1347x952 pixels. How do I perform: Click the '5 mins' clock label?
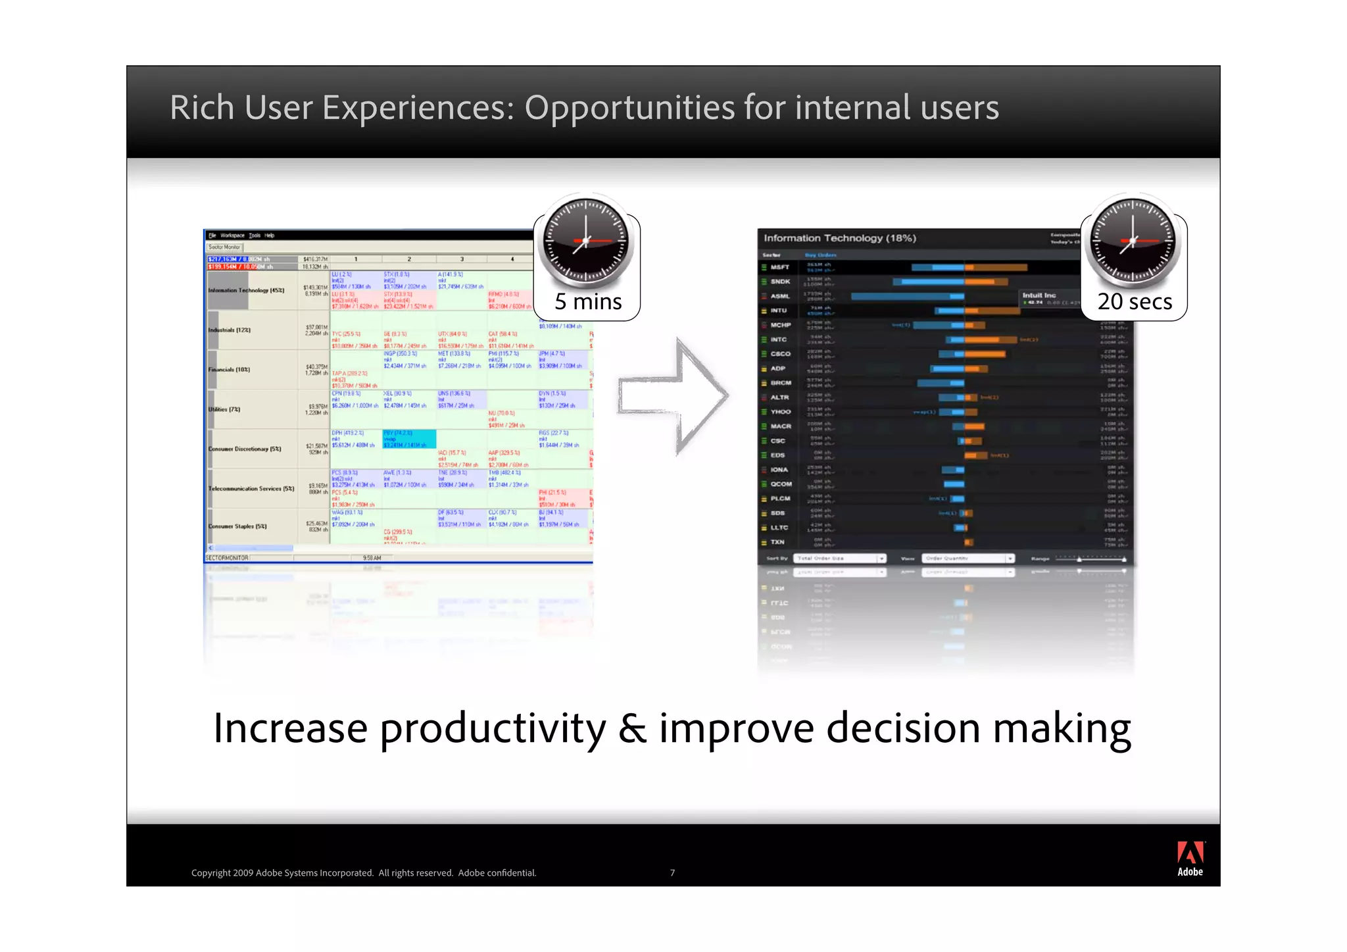tap(587, 301)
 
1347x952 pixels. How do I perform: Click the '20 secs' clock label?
tap(1134, 301)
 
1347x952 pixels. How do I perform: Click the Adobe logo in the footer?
tap(1189, 858)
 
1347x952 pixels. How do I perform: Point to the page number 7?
tap(672, 872)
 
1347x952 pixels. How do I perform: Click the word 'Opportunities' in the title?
tap(629, 107)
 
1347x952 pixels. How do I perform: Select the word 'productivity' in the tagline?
tap(493, 728)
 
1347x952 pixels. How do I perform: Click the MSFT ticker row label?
tap(780, 267)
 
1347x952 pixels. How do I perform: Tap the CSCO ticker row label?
tap(780, 354)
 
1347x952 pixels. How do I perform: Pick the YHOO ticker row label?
tap(781, 412)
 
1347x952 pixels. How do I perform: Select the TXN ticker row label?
tap(777, 542)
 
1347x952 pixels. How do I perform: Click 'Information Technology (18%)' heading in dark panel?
tap(839, 238)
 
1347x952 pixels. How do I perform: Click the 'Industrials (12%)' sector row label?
tap(230, 330)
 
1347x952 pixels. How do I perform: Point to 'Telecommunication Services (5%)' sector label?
tap(251, 489)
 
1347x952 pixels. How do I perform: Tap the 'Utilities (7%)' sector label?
tap(224, 409)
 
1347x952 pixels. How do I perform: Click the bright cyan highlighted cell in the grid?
tap(408, 439)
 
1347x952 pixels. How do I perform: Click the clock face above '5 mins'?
tap(585, 240)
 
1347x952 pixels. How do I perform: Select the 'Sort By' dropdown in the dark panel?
tap(839, 559)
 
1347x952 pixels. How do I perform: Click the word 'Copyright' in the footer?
tap(210, 873)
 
